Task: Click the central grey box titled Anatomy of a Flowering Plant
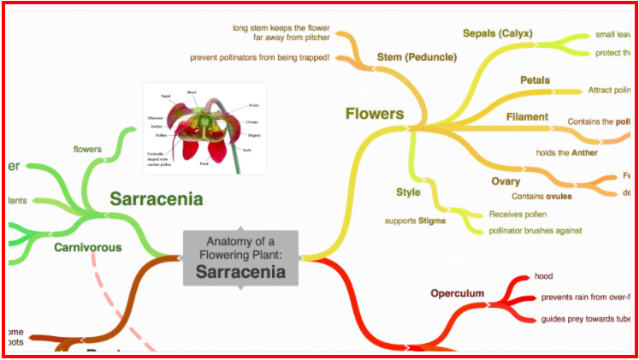coord(240,257)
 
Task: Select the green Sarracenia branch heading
coord(156,200)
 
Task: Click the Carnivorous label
coord(87,248)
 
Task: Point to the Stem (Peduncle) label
coord(417,57)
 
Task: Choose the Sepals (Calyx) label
coord(497,33)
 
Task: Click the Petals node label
coord(535,80)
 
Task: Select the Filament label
coord(527,116)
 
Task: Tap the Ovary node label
coord(506,181)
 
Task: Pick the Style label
coord(408,192)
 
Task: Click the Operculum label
coord(457,294)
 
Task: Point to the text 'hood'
coord(543,276)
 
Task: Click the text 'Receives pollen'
coord(518,214)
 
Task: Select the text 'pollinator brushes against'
coord(535,230)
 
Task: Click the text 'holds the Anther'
coord(566,153)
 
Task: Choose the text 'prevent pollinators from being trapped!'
coord(260,58)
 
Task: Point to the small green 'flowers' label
coord(87,149)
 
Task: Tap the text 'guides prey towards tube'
coord(586,320)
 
